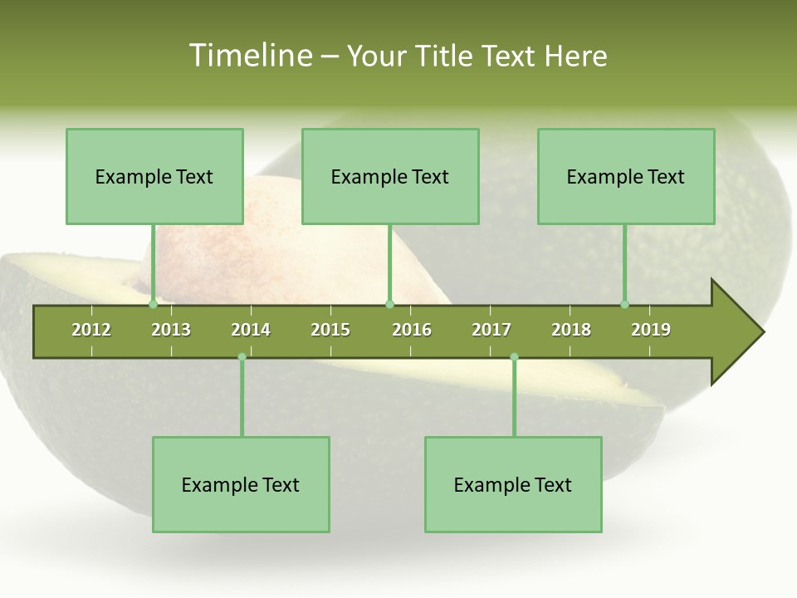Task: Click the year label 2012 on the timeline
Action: (x=91, y=330)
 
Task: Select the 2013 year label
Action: (x=171, y=330)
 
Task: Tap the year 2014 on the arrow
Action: (x=251, y=330)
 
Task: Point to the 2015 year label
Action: (x=330, y=330)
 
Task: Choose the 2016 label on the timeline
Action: (x=412, y=330)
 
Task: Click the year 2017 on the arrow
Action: (x=491, y=330)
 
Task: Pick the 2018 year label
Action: (x=571, y=330)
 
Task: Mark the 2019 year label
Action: (x=651, y=330)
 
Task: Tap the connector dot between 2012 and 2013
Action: (x=154, y=305)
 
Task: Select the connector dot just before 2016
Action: (x=389, y=305)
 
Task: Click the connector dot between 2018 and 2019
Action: (x=624, y=305)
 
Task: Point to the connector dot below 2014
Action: (x=242, y=357)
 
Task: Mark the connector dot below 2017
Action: (x=514, y=357)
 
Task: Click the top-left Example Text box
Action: (x=154, y=176)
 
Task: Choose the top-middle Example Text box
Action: (x=390, y=176)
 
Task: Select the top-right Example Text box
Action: (x=626, y=176)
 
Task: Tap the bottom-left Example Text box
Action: (x=241, y=484)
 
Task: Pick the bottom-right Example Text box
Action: (x=513, y=484)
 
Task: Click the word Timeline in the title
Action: (x=250, y=56)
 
